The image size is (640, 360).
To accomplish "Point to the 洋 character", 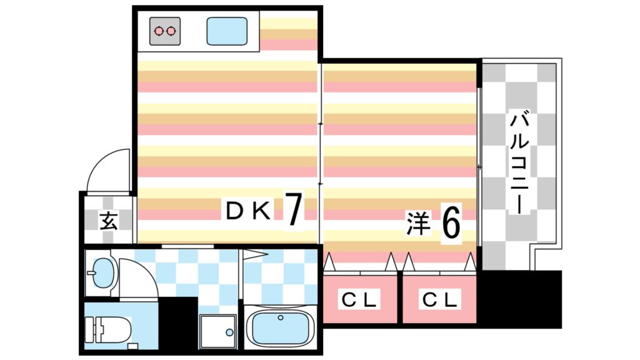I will (418, 224).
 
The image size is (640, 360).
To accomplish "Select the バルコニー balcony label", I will (519, 162).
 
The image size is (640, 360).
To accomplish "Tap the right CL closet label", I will (440, 300).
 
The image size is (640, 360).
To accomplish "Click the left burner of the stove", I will (159, 30).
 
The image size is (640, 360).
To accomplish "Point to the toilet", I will (109, 329).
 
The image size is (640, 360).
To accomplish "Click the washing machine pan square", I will (218, 331).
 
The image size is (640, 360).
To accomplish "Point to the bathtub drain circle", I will (281, 318).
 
